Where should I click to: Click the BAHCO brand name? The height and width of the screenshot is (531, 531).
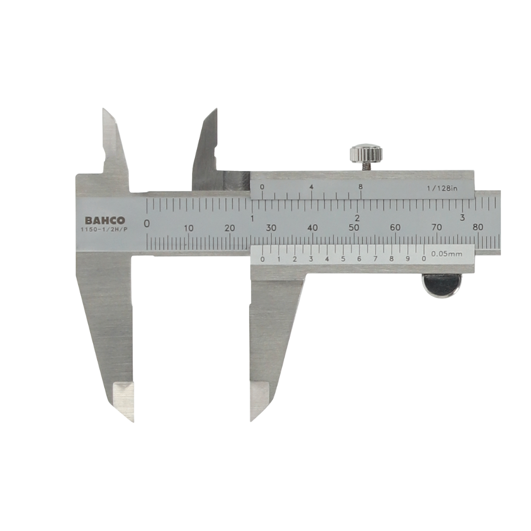(105, 220)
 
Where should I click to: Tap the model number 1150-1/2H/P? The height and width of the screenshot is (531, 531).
(105, 230)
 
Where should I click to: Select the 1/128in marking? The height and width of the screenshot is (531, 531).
(441, 187)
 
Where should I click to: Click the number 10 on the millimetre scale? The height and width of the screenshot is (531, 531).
(189, 228)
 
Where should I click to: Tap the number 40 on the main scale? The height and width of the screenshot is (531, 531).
(313, 228)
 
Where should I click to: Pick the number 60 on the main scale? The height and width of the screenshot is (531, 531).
(395, 228)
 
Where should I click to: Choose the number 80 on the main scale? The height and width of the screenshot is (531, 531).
(478, 228)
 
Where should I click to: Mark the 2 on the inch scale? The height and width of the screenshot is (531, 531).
(357, 218)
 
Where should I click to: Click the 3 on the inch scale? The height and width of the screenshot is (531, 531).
(463, 218)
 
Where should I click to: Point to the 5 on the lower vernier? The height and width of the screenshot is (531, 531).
(343, 259)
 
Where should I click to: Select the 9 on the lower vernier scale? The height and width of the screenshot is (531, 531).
(408, 259)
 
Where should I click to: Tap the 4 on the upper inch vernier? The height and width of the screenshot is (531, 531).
(311, 187)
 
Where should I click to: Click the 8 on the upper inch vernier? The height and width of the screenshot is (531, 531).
(361, 187)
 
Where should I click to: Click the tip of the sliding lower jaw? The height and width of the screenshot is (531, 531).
(252, 419)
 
